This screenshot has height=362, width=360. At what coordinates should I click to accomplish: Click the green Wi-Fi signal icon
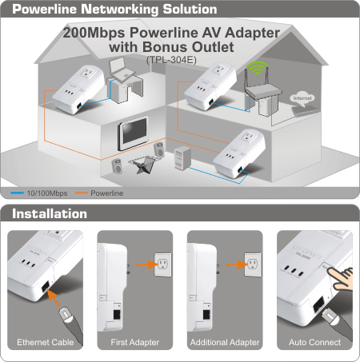click(257, 68)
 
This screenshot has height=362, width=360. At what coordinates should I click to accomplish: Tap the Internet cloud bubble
click(302, 99)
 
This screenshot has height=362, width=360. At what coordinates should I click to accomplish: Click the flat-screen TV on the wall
click(133, 132)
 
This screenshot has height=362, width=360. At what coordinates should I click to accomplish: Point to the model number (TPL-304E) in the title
click(171, 60)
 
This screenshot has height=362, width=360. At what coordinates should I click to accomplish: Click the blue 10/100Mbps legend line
click(17, 193)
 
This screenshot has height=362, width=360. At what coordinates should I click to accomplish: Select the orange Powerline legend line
click(81, 193)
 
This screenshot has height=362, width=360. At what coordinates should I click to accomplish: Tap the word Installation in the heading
click(50, 213)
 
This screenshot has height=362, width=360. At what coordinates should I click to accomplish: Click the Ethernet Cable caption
click(46, 342)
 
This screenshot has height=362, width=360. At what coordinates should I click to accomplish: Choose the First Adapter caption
click(135, 342)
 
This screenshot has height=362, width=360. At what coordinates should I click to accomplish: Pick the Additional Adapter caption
click(225, 342)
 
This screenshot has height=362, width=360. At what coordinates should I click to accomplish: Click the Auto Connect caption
click(314, 342)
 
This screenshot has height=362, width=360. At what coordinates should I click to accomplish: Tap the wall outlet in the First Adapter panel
click(163, 265)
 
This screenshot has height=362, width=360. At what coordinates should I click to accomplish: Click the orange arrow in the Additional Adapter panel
click(236, 265)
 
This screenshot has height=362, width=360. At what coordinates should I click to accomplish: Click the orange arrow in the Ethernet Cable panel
click(54, 297)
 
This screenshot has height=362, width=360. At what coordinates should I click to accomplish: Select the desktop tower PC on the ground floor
click(182, 158)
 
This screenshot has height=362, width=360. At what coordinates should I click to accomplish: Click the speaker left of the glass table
click(117, 166)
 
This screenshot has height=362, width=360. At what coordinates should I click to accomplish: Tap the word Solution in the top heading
click(190, 9)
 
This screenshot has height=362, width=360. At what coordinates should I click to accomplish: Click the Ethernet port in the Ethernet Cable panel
click(46, 286)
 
